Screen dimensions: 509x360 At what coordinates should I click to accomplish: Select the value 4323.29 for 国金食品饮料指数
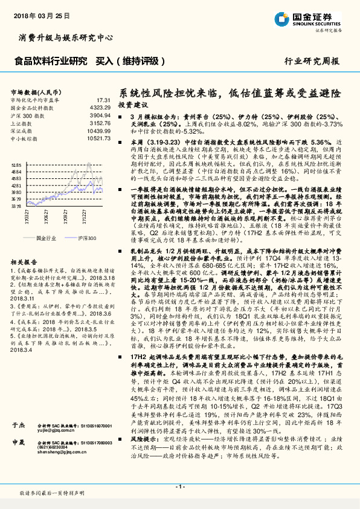click(x=98, y=107)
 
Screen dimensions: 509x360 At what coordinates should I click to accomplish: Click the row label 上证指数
click(x=22, y=123)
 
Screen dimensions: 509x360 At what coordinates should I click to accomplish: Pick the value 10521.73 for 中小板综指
click(x=97, y=138)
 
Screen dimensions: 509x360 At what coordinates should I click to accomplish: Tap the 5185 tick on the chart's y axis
click(x=16, y=164)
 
